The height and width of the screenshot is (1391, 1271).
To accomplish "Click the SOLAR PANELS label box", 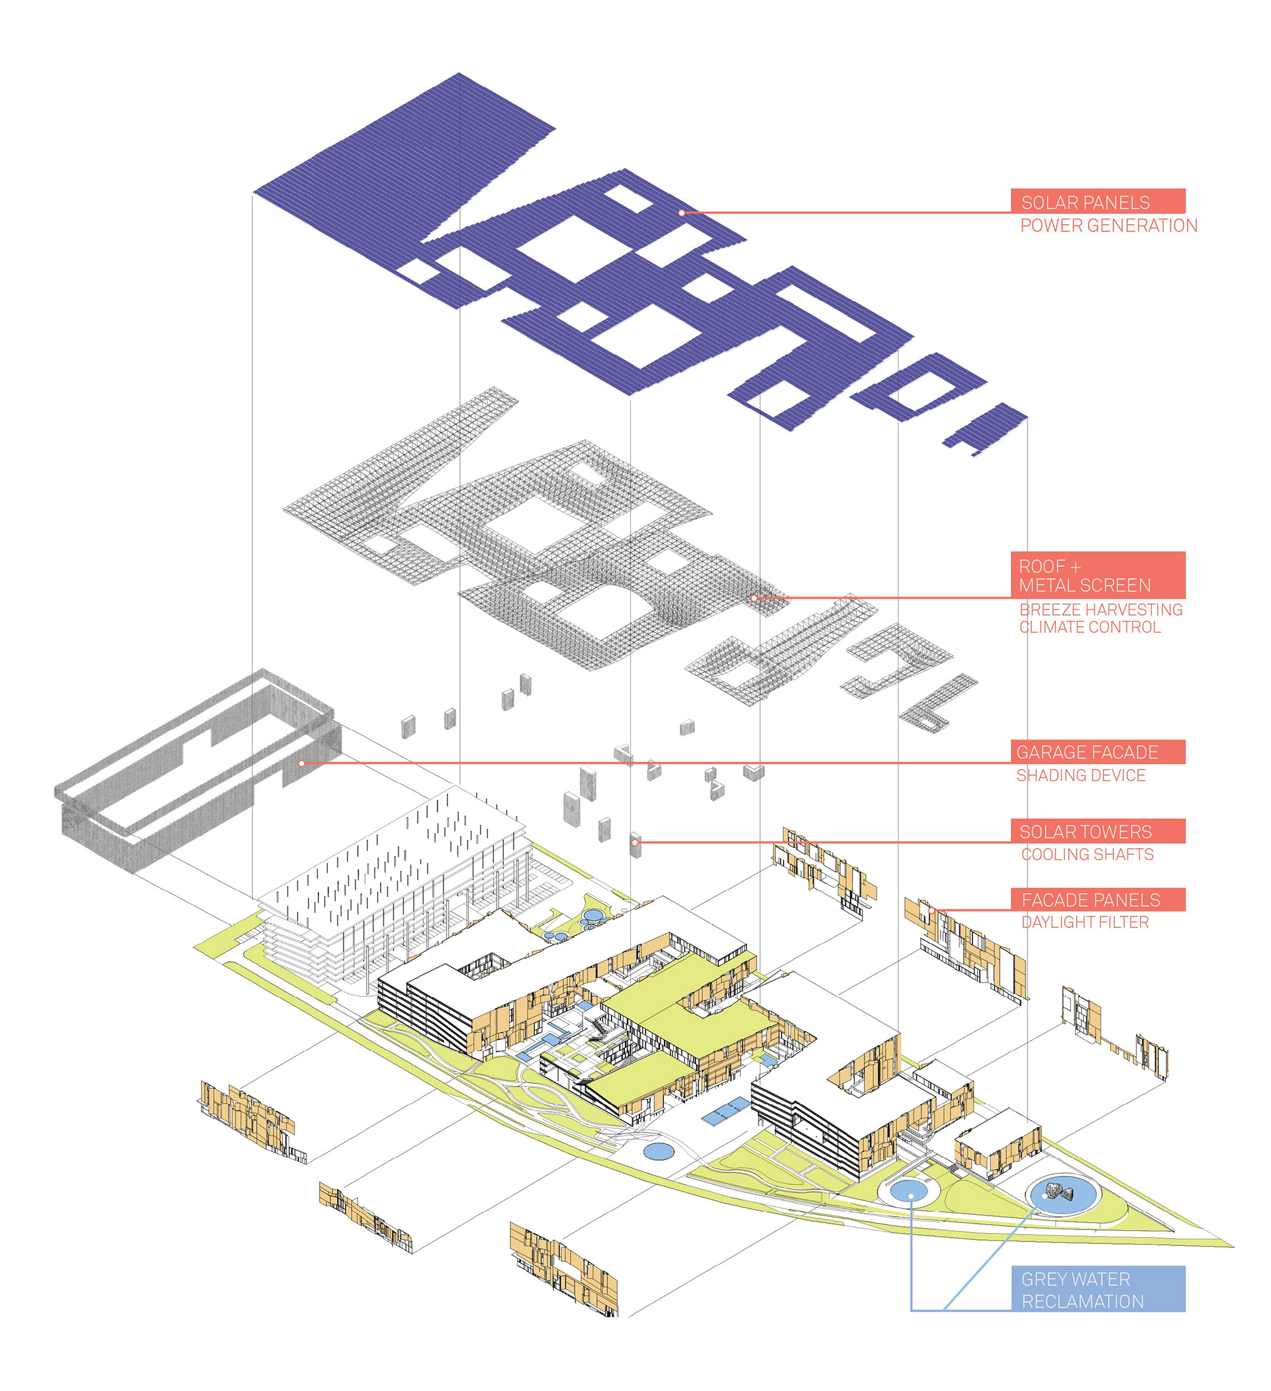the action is pyautogui.click(x=1097, y=201).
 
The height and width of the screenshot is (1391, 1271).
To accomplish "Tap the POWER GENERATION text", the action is pyautogui.click(x=1108, y=226).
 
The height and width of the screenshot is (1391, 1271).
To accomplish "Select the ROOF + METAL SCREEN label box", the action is pyautogui.click(x=1097, y=575).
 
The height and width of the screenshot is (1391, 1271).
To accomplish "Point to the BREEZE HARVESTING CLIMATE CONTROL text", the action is pyautogui.click(x=1101, y=618).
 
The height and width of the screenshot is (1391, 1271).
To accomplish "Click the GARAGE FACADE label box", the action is pyautogui.click(x=1097, y=752).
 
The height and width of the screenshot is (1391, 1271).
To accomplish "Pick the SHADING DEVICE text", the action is pyautogui.click(x=1080, y=775).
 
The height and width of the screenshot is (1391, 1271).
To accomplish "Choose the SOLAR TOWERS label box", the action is pyautogui.click(x=1097, y=832).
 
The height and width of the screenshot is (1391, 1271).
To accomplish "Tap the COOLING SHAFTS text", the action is pyautogui.click(x=1087, y=854).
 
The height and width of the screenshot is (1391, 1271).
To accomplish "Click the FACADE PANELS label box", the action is pyautogui.click(x=1097, y=900).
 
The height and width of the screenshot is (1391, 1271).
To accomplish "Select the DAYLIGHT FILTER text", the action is pyautogui.click(x=1085, y=922).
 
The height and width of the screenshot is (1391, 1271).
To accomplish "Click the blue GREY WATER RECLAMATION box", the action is pyautogui.click(x=1097, y=1289).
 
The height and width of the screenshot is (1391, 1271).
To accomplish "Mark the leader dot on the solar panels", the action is pyautogui.click(x=682, y=213).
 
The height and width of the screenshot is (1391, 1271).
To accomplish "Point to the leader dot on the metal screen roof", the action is pyautogui.click(x=754, y=599).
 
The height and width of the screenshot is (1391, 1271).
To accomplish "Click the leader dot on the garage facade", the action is pyautogui.click(x=302, y=763).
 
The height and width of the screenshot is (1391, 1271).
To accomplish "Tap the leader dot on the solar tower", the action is pyautogui.click(x=635, y=842).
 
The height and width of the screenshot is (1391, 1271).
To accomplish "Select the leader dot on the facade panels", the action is pyautogui.click(x=931, y=911).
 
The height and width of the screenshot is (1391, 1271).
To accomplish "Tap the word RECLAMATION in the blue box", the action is pyautogui.click(x=1082, y=1302).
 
